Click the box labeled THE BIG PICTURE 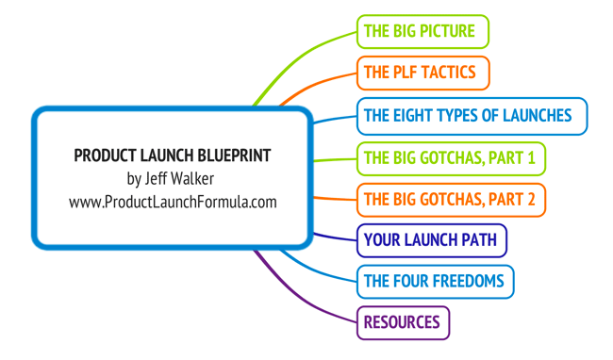(x=422, y=31)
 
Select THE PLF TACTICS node (x=422, y=73)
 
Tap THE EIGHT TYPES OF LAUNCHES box (x=472, y=116)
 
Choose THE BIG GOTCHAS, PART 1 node (x=451, y=157)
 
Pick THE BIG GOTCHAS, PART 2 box (x=451, y=199)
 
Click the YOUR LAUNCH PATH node (x=431, y=240)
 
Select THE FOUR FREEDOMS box (x=435, y=281)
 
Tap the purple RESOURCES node (x=403, y=322)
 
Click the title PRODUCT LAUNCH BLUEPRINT (x=173, y=155)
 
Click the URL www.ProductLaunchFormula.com (x=173, y=202)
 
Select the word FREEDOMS (x=471, y=281)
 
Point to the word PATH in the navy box (x=480, y=240)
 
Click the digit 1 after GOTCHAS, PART (x=531, y=157)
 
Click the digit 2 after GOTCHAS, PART (x=531, y=199)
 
